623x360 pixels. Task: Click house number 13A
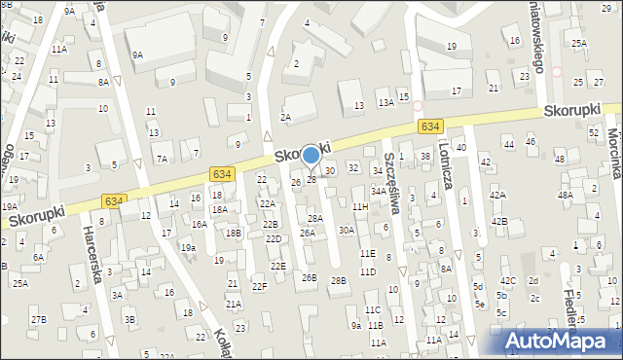[385, 102]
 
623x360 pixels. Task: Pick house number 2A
[285, 117]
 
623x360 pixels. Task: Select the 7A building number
[163, 159]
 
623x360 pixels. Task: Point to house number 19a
[188, 248]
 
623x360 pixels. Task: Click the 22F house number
[259, 286]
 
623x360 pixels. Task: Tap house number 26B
[309, 278]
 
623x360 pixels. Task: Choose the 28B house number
[338, 281]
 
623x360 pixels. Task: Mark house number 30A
[346, 231]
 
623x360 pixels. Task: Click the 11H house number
[360, 207]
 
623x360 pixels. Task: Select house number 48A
[566, 196]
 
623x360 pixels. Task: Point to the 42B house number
[498, 222]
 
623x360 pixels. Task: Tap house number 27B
[37, 319]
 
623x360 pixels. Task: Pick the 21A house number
[234, 304]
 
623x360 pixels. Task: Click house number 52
[594, 131]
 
